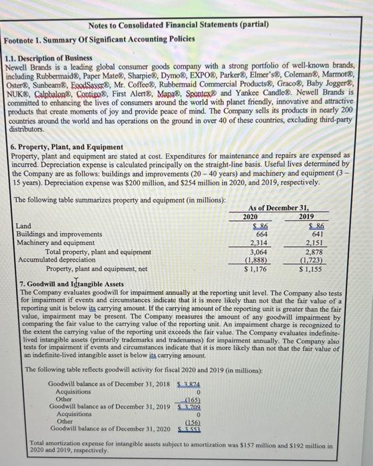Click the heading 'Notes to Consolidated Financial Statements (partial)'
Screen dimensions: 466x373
(x=178, y=25)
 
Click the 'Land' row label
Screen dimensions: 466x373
(x=21, y=226)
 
